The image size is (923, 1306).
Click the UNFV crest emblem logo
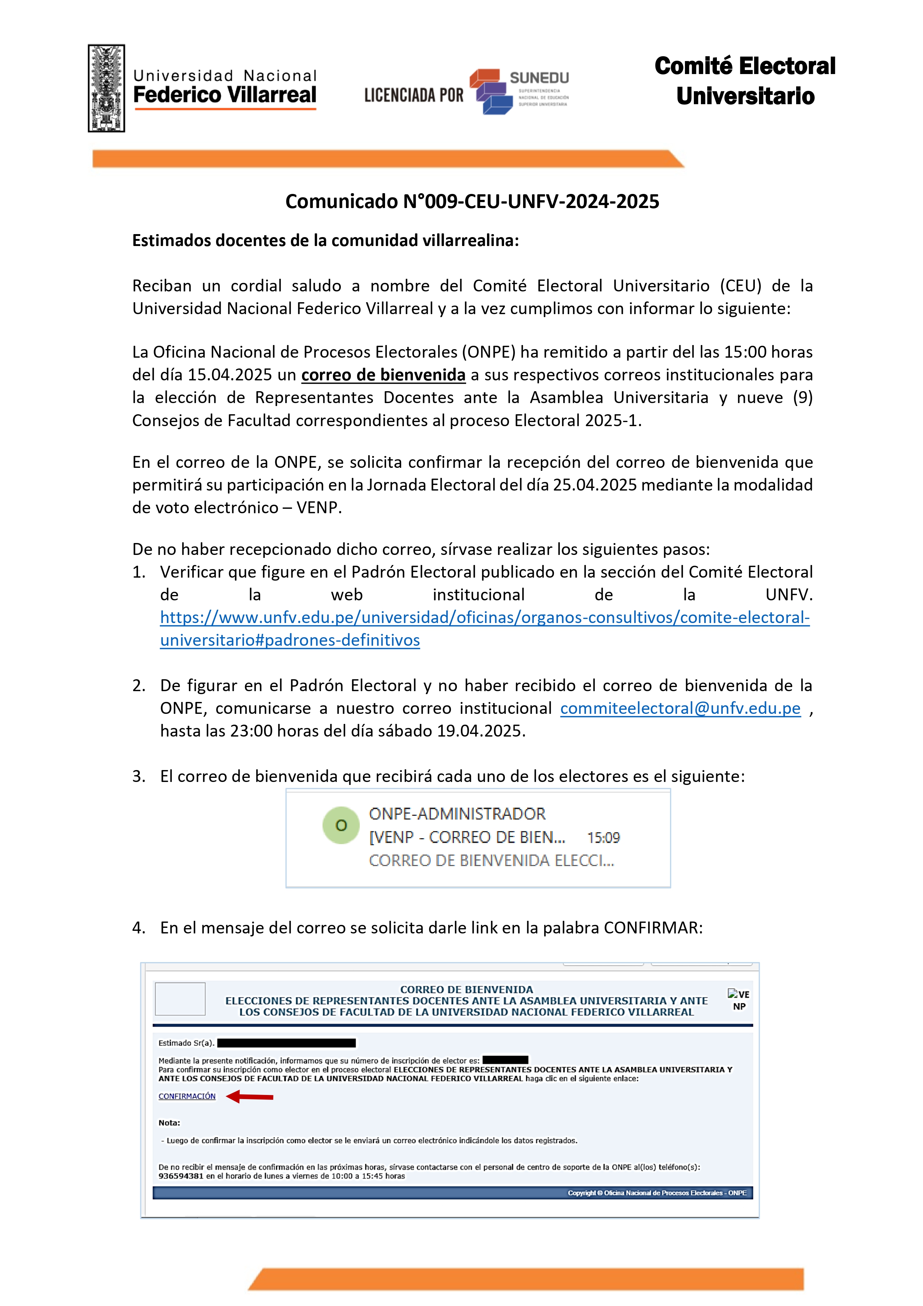tap(106, 88)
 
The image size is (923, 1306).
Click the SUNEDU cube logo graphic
tap(490, 91)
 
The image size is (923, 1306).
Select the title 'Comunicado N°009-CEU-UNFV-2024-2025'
tap(472, 201)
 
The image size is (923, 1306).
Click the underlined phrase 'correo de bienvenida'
tap(383, 375)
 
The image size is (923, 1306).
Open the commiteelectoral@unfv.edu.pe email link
tap(680, 708)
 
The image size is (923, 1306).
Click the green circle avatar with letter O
tap(341, 826)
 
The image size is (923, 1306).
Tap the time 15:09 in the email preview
tap(603, 837)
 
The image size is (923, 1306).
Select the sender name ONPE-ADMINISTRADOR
tap(457, 814)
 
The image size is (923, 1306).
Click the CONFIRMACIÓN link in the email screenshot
tap(187, 1096)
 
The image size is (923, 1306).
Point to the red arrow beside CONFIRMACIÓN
tap(250, 1096)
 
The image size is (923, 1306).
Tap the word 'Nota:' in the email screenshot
tap(170, 1123)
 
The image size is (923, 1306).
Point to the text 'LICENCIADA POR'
tap(414, 95)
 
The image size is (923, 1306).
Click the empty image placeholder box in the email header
tap(180, 999)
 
